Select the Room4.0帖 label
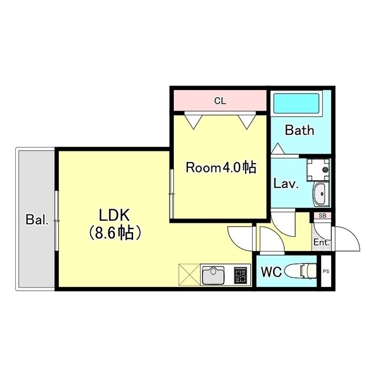click(x=221, y=168)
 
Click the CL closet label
click(x=220, y=101)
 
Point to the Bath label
click(x=299, y=131)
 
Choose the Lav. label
click(x=286, y=183)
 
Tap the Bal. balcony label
click(x=37, y=220)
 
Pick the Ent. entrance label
click(x=321, y=242)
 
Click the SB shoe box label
click(x=322, y=216)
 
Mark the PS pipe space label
click(x=326, y=272)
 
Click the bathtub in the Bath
click(x=296, y=104)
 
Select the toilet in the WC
click(x=300, y=272)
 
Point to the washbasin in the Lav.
click(x=320, y=193)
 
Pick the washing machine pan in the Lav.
click(x=318, y=168)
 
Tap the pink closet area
click(x=220, y=101)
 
